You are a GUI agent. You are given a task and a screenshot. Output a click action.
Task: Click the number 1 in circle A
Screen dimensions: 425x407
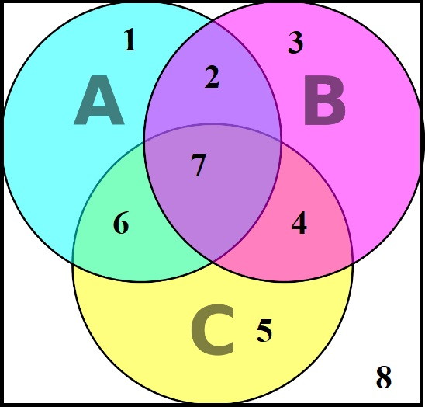coord(130,40)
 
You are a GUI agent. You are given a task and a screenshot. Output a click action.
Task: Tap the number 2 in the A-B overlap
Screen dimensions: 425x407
coord(212,77)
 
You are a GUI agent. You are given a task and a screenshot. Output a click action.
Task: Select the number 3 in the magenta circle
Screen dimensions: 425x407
coord(295,43)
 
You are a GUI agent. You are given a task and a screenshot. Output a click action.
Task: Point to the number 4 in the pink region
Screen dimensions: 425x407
coord(299,223)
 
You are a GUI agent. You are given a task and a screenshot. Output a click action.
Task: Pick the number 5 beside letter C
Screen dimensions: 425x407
coord(264,330)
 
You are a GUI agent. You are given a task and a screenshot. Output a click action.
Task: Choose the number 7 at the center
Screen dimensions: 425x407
coord(199,165)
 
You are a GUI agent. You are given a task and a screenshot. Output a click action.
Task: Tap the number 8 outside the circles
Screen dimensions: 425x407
coord(384,377)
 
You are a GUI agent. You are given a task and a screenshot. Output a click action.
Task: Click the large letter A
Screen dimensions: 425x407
coord(99,100)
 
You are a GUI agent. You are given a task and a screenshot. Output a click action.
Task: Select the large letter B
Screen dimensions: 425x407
coord(325,100)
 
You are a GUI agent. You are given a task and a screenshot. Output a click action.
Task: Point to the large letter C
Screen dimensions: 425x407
coord(212,329)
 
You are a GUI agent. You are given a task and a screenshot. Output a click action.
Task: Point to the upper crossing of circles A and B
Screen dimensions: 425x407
coord(213,19)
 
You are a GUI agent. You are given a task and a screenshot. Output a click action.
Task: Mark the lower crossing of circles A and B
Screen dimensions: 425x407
coord(213,263)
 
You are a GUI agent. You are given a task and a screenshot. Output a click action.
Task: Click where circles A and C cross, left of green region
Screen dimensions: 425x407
coord(73,263)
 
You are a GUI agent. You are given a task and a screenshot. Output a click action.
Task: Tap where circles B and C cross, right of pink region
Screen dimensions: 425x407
coord(353,263)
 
